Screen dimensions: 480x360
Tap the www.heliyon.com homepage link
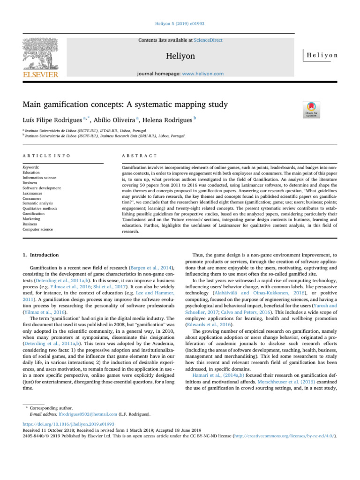pyautogui.click(x=202, y=74)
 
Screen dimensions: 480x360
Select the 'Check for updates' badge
pyautogui.click(x=313, y=109)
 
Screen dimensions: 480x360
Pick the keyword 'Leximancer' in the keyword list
pyautogui.click(x=34, y=192)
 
